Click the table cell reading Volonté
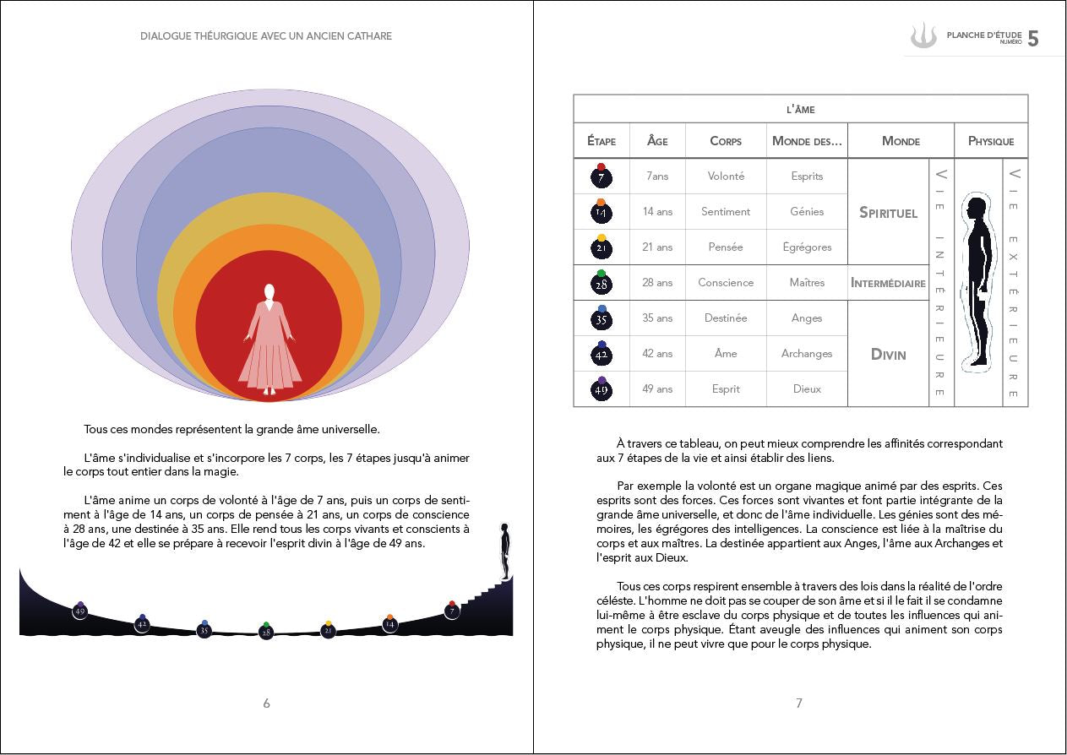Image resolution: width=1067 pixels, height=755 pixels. (x=726, y=177)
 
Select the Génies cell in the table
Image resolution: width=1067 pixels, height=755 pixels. (x=807, y=212)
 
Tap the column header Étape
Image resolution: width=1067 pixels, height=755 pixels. (x=602, y=141)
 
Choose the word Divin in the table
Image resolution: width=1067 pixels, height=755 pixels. (x=888, y=354)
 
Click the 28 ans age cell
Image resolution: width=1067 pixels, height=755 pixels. (x=657, y=283)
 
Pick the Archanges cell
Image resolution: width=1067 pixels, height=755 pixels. (x=807, y=354)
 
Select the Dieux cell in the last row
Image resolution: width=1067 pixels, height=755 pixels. (x=807, y=389)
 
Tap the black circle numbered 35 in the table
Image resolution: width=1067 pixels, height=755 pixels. (x=602, y=320)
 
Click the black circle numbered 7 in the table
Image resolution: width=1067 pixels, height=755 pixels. (x=602, y=178)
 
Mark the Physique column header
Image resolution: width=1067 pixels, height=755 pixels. (x=991, y=141)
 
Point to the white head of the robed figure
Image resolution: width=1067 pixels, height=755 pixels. (x=269, y=293)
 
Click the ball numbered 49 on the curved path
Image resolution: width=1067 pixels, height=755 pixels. (x=80, y=611)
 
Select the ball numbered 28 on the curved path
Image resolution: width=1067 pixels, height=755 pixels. (x=266, y=632)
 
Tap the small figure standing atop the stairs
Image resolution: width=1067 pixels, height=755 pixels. (x=505, y=549)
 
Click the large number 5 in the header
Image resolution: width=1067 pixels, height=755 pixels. (x=1033, y=39)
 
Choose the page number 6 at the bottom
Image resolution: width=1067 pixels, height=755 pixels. (x=267, y=703)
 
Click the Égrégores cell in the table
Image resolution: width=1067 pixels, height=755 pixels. (x=807, y=247)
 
